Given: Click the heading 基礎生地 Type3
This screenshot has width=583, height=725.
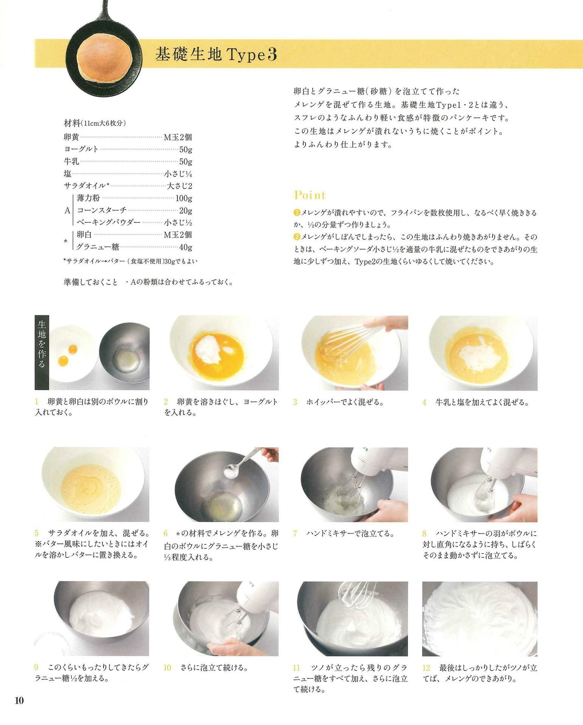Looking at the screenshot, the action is tap(216, 54).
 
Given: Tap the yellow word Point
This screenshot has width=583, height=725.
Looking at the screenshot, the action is tap(310, 195).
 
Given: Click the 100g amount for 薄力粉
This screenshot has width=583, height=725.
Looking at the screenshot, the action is tap(184, 198).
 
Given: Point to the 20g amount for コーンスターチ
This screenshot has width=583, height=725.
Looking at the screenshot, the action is tap(186, 210).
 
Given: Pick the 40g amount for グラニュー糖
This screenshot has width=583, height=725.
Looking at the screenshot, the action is tap(186, 247).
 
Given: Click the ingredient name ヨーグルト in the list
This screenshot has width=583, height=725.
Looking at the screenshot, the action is tap(81, 149).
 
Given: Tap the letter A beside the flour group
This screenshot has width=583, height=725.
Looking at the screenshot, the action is tap(67, 210).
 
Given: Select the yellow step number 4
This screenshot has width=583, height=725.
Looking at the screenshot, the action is tap(424, 402).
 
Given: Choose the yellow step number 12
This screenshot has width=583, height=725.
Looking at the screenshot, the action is tap(426, 668).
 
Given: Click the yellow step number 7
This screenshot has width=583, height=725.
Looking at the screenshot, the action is tap(295, 534).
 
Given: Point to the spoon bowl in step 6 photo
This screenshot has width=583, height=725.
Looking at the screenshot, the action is tap(231, 470).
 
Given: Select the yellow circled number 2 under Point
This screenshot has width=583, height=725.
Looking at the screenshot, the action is tap(297, 237).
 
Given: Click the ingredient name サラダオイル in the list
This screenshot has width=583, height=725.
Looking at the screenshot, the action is tap(85, 186).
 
